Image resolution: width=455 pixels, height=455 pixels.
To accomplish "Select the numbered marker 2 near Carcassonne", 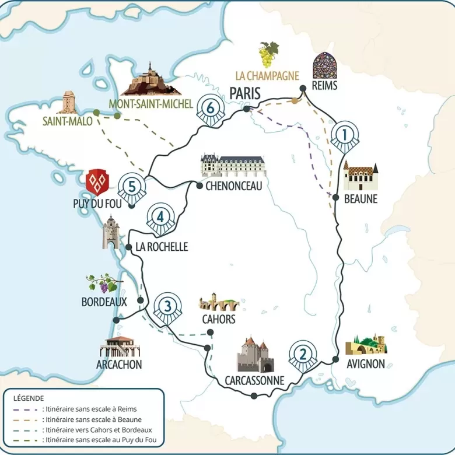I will pos(302,355).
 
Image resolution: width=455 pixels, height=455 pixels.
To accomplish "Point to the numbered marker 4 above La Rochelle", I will pos(159,218).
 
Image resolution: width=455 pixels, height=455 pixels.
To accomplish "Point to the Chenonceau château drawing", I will pos(232,166).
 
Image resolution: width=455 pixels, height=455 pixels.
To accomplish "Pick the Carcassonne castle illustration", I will pos(255,355).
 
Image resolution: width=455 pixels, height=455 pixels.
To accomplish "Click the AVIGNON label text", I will pos(366,364).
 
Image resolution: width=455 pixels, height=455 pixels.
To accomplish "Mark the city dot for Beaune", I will pos(336,198).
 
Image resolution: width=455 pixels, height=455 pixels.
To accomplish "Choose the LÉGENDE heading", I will pos(29,397).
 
